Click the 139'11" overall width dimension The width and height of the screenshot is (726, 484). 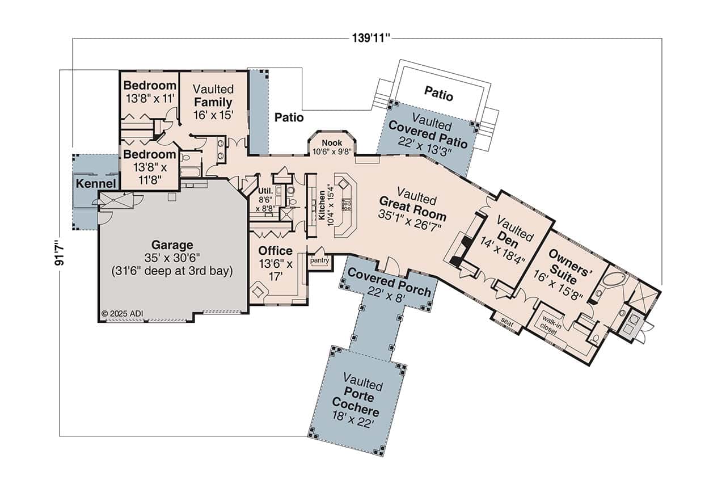[371, 38]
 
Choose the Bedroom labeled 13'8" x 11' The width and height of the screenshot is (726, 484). [150, 91]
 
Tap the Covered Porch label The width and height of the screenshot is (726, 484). [389, 281]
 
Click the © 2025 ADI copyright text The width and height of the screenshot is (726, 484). [121, 313]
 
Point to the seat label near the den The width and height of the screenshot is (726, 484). [506, 322]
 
